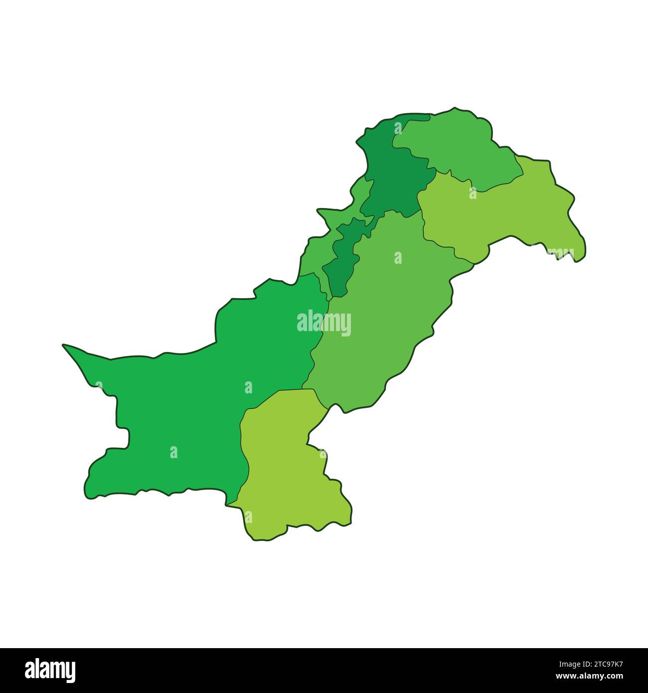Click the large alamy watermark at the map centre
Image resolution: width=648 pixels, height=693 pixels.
(x=324, y=323)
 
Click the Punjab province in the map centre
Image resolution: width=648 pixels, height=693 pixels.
(x=379, y=309)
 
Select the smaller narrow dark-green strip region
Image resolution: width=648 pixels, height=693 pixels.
(x=344, y=259)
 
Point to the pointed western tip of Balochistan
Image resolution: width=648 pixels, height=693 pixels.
(x=64, y=345)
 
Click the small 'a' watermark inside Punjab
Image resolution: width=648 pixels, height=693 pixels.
(x=398, y=257)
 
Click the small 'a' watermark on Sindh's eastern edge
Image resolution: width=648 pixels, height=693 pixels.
(x=324, y=454)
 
